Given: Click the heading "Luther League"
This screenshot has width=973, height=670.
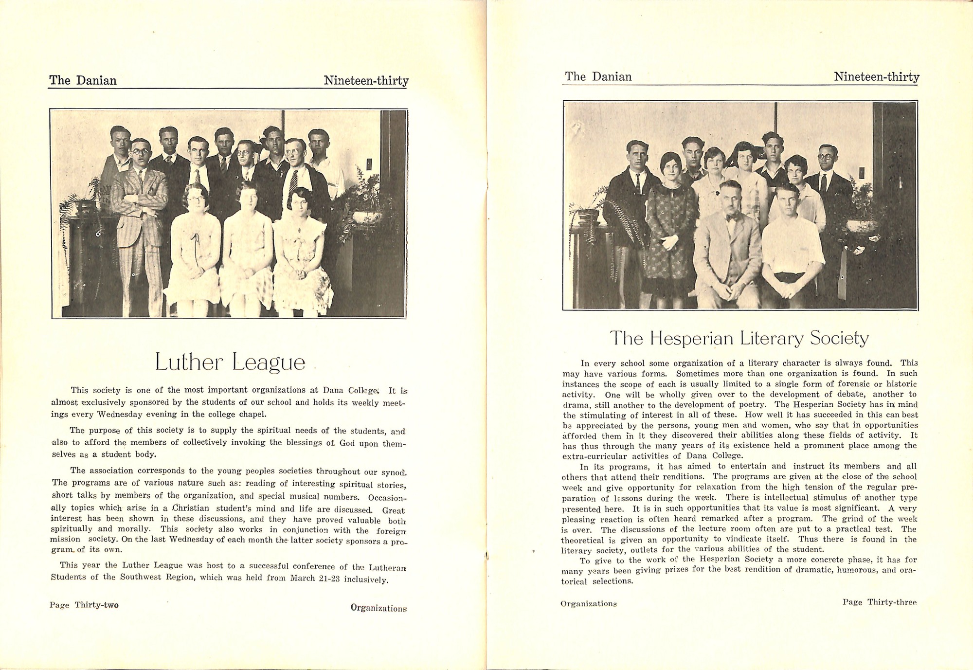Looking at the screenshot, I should (x=230, y=362).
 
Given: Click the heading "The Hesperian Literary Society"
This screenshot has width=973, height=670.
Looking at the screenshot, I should (x=739, y=338).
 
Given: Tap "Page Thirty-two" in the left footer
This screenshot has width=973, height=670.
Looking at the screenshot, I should (x=84, y=605).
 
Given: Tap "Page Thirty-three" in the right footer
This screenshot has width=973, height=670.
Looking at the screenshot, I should (x=880, y=602).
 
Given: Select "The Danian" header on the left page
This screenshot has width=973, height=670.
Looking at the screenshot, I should (x=83, y=80).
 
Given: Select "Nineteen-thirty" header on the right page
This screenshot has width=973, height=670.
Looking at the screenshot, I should (x=876, y=77).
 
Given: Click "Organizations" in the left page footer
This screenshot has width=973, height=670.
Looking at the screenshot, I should (x=378, y=608).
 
